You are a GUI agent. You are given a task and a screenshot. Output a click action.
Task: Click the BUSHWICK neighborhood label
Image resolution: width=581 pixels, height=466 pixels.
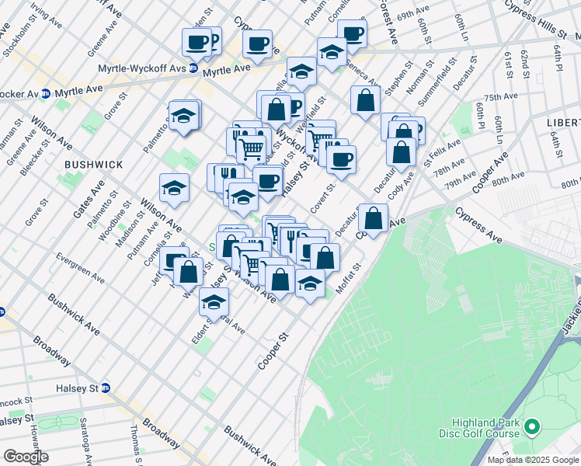(94, 165)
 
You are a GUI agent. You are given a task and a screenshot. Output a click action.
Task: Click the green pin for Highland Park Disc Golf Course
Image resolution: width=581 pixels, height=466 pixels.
(532, 426)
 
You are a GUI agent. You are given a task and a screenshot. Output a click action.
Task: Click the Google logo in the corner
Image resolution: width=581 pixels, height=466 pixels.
(26, 457)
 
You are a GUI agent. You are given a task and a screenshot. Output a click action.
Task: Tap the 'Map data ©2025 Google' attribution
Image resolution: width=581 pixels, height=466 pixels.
(534, 460)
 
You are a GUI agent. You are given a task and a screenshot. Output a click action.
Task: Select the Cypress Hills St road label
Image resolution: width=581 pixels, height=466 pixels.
(536, 19)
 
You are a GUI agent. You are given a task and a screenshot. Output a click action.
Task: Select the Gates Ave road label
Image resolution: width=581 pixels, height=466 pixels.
(96, 198)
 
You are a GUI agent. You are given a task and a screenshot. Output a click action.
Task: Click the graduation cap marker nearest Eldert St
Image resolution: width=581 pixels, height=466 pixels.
(213, 301)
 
